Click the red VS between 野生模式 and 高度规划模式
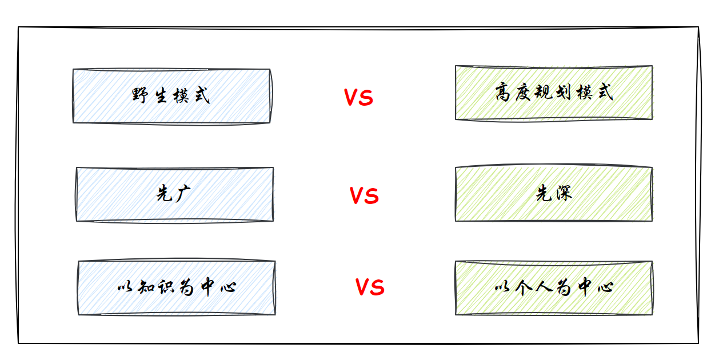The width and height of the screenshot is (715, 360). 358,98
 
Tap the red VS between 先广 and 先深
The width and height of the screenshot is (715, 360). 364,196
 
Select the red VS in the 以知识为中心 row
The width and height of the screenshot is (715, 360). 370,287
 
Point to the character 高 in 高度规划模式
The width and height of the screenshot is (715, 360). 503,93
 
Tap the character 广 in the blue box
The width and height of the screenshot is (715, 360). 183,194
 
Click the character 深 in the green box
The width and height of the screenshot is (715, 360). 563,194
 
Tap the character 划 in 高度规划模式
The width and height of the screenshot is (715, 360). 564,93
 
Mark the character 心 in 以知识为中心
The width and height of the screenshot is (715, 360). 227,287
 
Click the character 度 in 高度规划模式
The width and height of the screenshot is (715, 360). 524,93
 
